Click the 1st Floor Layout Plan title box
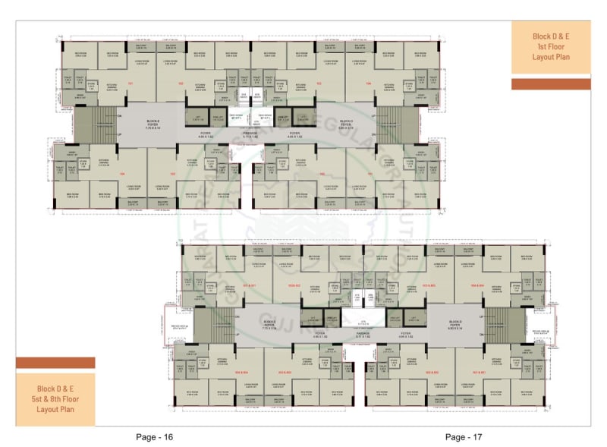pos(550,47)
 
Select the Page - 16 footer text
pos(155,436)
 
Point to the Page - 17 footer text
pos(464,436)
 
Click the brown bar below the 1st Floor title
pos(550,84)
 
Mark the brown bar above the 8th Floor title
pos(55,363)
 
